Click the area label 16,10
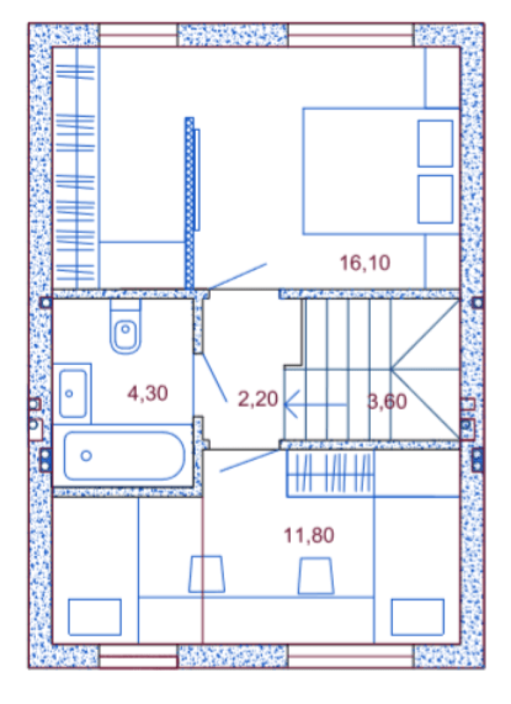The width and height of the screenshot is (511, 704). [x=365, y=263]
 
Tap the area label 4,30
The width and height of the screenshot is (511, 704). [x=147, y=393]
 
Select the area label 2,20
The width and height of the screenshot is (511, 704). [x=258, y=399]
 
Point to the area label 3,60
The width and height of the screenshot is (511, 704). [x=387, y=401]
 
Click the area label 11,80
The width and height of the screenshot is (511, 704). [x=309, y=535]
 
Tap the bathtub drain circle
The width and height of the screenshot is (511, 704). [x=86, y=455]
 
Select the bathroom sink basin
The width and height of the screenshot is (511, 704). [x=73, y=394]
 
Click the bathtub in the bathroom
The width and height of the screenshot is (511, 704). [x=124, y=456]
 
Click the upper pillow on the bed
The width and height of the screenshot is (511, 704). [x=435, y=143]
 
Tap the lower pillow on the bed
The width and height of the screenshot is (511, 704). [x=435, y=199]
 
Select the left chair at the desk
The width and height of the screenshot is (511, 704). [x=206, y=574]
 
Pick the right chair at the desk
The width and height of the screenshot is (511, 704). [x=316, y=576]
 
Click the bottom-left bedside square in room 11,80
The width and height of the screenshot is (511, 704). [x=95, y=617]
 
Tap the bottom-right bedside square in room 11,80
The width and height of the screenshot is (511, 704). [x=417, y=617]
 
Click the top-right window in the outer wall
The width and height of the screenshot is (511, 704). [x=350, y=35]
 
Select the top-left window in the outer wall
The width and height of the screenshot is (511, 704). [x=138, y=35]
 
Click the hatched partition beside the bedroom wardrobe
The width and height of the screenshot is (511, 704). [x=189, y=203]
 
